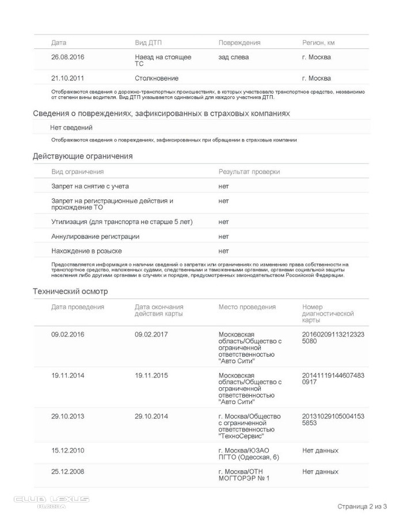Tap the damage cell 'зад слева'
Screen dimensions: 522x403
(234, 57)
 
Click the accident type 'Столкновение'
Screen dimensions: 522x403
(157, 78)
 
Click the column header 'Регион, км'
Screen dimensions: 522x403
(318, 43)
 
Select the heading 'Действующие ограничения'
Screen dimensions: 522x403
(83, 156)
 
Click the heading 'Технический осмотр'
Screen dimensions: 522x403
(70, 292)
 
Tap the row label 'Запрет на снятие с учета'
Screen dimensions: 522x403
(90, 186)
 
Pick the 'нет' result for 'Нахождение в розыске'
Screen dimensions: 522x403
(223, 251)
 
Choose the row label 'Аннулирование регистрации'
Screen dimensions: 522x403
(95, 236)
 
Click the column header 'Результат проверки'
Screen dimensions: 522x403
(249, 172)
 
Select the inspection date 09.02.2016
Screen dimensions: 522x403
(68, 334)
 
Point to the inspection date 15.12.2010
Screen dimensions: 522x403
(68, 450)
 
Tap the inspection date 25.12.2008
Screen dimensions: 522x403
(68, 471)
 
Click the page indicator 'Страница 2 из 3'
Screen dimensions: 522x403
(362, 506)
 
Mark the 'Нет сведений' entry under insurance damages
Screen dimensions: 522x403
(71, 127)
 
